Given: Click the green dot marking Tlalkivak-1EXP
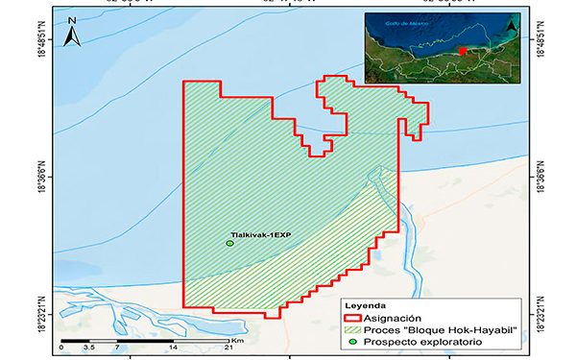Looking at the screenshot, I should [229, 244].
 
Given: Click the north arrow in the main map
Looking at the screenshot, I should [71, 36].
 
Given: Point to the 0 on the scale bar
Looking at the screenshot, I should [61, 348].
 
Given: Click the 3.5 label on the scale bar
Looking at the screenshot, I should [88, 348].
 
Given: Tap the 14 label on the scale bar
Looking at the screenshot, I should [173, 348].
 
